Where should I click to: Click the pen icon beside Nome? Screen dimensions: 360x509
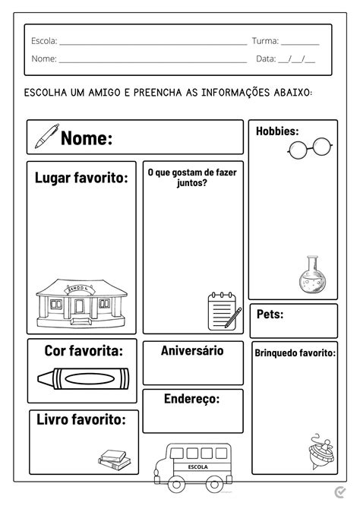[45, 136]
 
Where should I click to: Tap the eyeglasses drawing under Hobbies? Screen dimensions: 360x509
[309, 148]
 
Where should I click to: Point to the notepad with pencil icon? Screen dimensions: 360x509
[224, 310]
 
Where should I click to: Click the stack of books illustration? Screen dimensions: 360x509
[114, 459]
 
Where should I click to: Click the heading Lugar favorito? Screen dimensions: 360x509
[81, 178]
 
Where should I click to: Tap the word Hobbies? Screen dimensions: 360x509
[276, 131]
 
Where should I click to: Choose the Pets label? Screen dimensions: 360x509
[270, 314]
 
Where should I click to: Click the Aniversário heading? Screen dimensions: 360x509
[192, 351]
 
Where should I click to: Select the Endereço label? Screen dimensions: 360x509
[192, 399]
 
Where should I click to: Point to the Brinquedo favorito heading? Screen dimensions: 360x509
[295, 353]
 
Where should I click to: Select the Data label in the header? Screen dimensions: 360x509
[266, 58]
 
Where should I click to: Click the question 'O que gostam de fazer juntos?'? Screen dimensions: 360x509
[191, 178]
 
